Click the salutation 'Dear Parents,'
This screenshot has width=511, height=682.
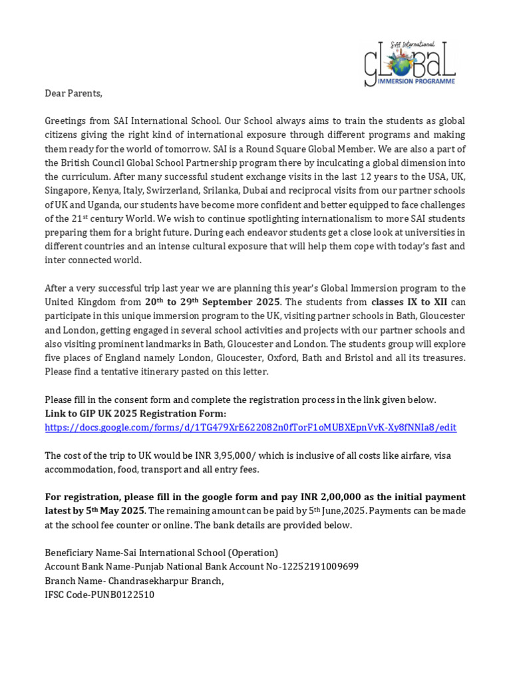click(74, 93)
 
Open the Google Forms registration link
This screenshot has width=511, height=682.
click(250, 428)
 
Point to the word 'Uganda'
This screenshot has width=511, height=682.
click(106, 204)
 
